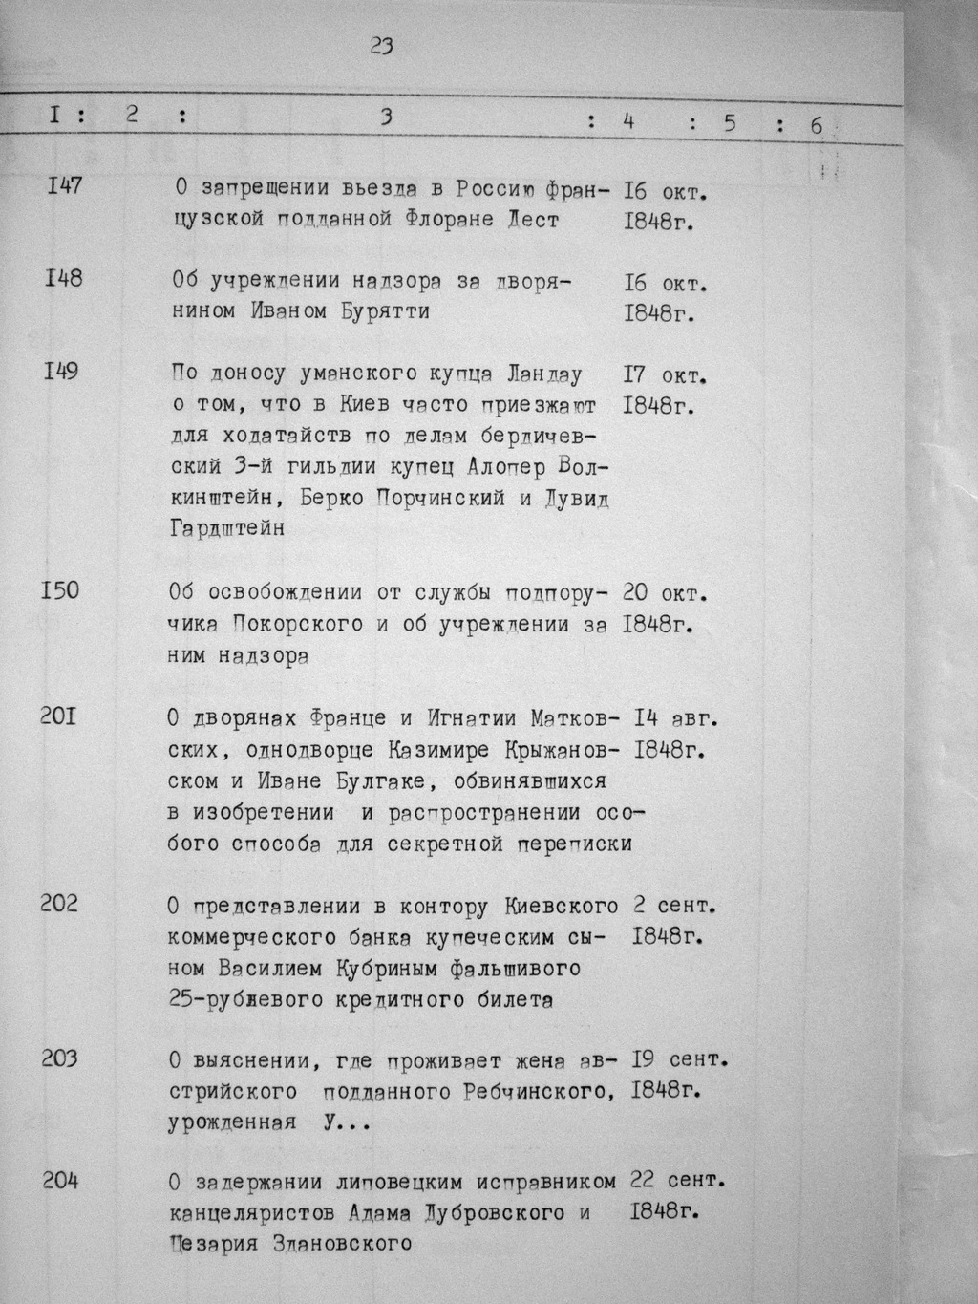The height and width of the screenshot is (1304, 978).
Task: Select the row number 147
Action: point(64,185)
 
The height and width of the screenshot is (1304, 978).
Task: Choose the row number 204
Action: point(60,1182)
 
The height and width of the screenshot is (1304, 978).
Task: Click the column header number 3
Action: point(386,118)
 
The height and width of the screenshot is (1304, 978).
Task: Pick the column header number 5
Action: point(729,122)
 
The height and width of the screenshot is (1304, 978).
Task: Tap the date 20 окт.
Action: point(665,593)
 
